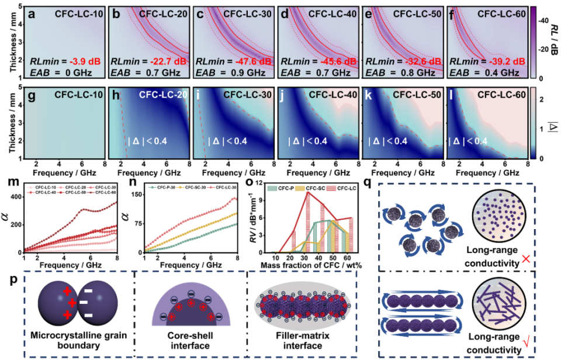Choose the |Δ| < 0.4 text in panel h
point(148,140)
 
